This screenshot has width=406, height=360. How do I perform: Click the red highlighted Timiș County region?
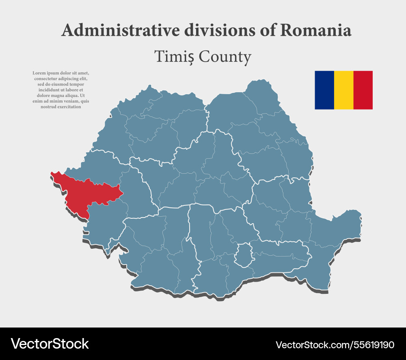[87, 194]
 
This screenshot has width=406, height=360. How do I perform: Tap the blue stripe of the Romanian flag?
[324, 90]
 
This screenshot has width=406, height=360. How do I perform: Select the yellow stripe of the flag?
[343, 90]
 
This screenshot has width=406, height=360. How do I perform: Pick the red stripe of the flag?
[363, 90]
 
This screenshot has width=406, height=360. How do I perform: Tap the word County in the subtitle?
[225, 57]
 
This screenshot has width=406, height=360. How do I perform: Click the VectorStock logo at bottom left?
[50, 344]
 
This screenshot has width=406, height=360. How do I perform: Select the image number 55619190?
[374, 345]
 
